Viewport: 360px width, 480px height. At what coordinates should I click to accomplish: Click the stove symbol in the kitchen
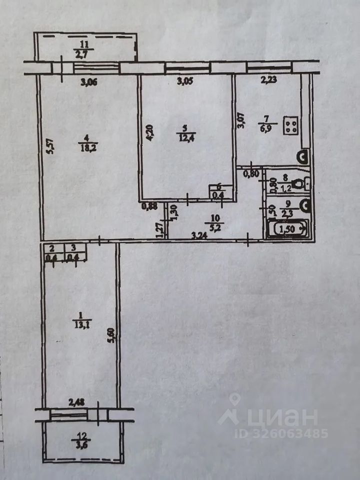point(292,125)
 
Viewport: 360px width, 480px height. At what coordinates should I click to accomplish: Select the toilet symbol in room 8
point(300,184)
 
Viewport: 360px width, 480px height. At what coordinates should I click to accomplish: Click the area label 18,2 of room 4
point(83,147)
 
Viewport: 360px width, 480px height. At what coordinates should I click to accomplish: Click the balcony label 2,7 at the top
point(81,52)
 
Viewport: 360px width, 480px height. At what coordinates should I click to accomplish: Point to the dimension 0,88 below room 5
point(146,205)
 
